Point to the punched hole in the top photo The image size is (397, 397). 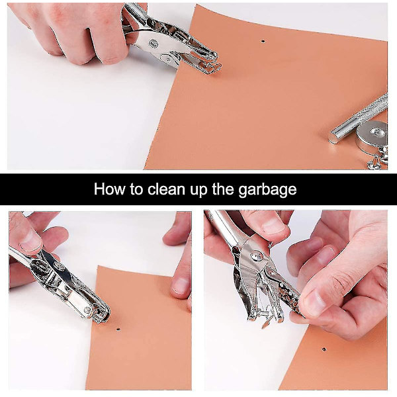tap(263, 40)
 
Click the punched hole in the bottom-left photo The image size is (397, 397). tap(118, 330)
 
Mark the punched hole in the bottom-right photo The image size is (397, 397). tap(324, 349)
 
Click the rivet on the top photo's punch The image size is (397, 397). tap(154, 44)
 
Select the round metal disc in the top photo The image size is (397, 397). tap(372, 138)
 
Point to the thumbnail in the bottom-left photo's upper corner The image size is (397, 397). tap(30, 241)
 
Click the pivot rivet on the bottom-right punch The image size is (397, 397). tap(257, 256)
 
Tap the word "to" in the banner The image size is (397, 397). tap(137, 189)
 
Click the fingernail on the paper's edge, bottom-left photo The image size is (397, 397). tap(181, 286)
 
